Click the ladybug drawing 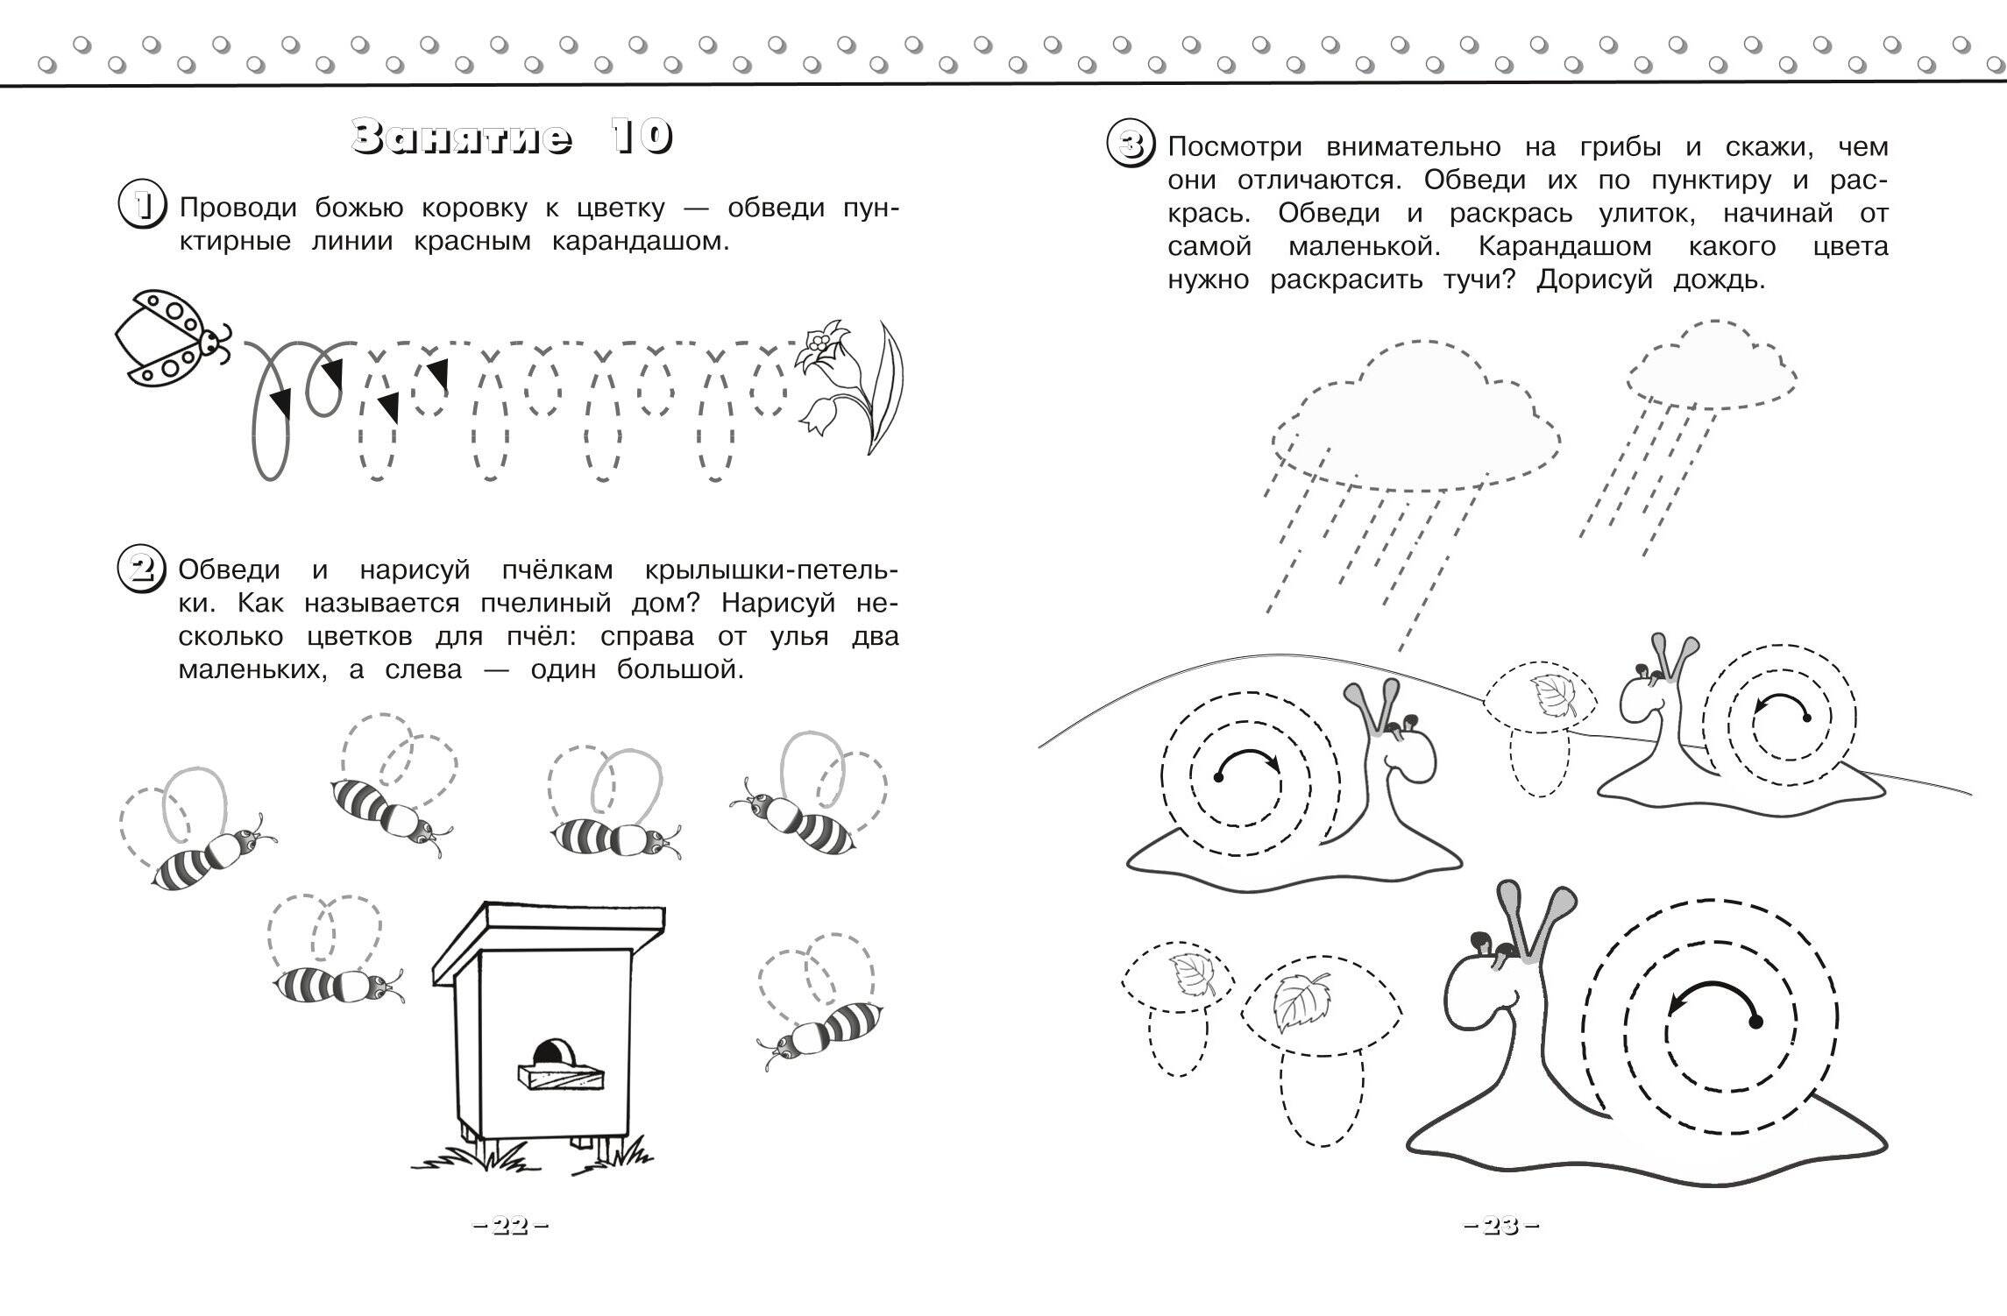coord(174,338)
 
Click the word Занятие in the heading coord(462,138)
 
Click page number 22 coord(510,1227)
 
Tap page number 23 coord(1500,1227)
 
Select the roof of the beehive coord(549,943)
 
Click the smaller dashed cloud coord(1710,369)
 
